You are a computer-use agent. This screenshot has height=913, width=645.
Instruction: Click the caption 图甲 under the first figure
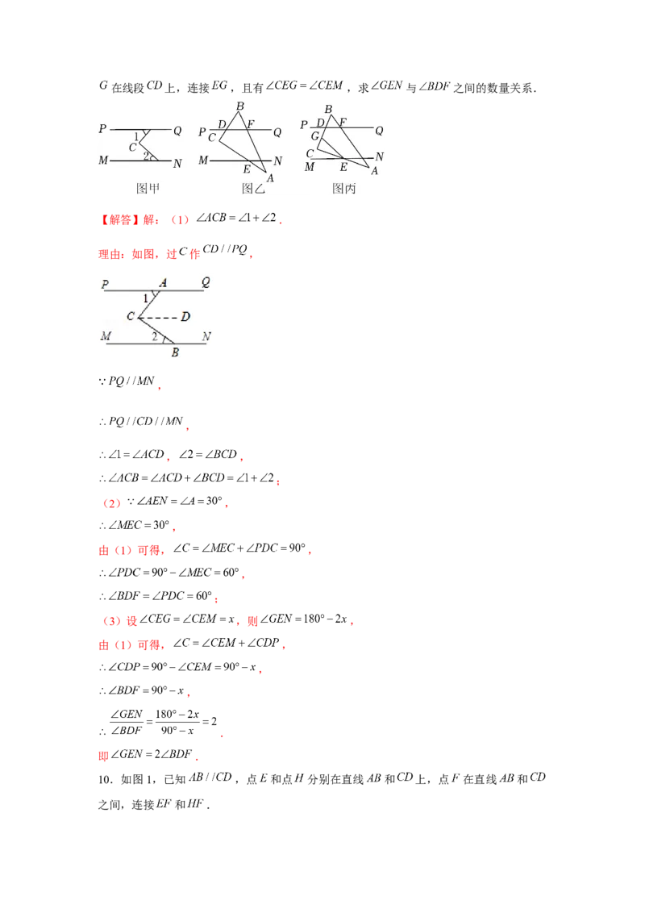148,189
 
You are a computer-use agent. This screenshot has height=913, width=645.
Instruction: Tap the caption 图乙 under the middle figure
253,189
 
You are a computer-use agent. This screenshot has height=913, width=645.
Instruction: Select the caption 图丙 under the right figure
344,189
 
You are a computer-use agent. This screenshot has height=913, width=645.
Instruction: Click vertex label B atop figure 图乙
239,106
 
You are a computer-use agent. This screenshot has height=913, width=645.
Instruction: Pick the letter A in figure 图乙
270,178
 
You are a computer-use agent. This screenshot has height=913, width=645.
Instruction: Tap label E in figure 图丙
343,167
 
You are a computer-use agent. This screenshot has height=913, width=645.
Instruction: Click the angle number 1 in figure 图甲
137,135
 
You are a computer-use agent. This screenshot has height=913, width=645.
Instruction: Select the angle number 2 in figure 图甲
146,155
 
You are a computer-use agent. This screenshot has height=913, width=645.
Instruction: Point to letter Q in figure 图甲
177,131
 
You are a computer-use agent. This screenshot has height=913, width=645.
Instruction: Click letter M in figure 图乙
204,161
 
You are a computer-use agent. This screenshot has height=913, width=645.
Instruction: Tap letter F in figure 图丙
343,122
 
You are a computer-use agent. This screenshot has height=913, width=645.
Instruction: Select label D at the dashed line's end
185,317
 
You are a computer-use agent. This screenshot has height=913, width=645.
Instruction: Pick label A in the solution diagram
163,282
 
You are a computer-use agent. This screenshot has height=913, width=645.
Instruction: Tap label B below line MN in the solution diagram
175,352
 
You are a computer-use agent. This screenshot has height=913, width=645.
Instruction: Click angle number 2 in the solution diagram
154,336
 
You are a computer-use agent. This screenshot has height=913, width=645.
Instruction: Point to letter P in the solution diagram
105,284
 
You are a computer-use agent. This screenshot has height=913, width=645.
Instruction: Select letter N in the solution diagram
206,336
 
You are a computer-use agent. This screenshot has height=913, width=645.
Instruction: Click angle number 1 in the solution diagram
145,298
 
